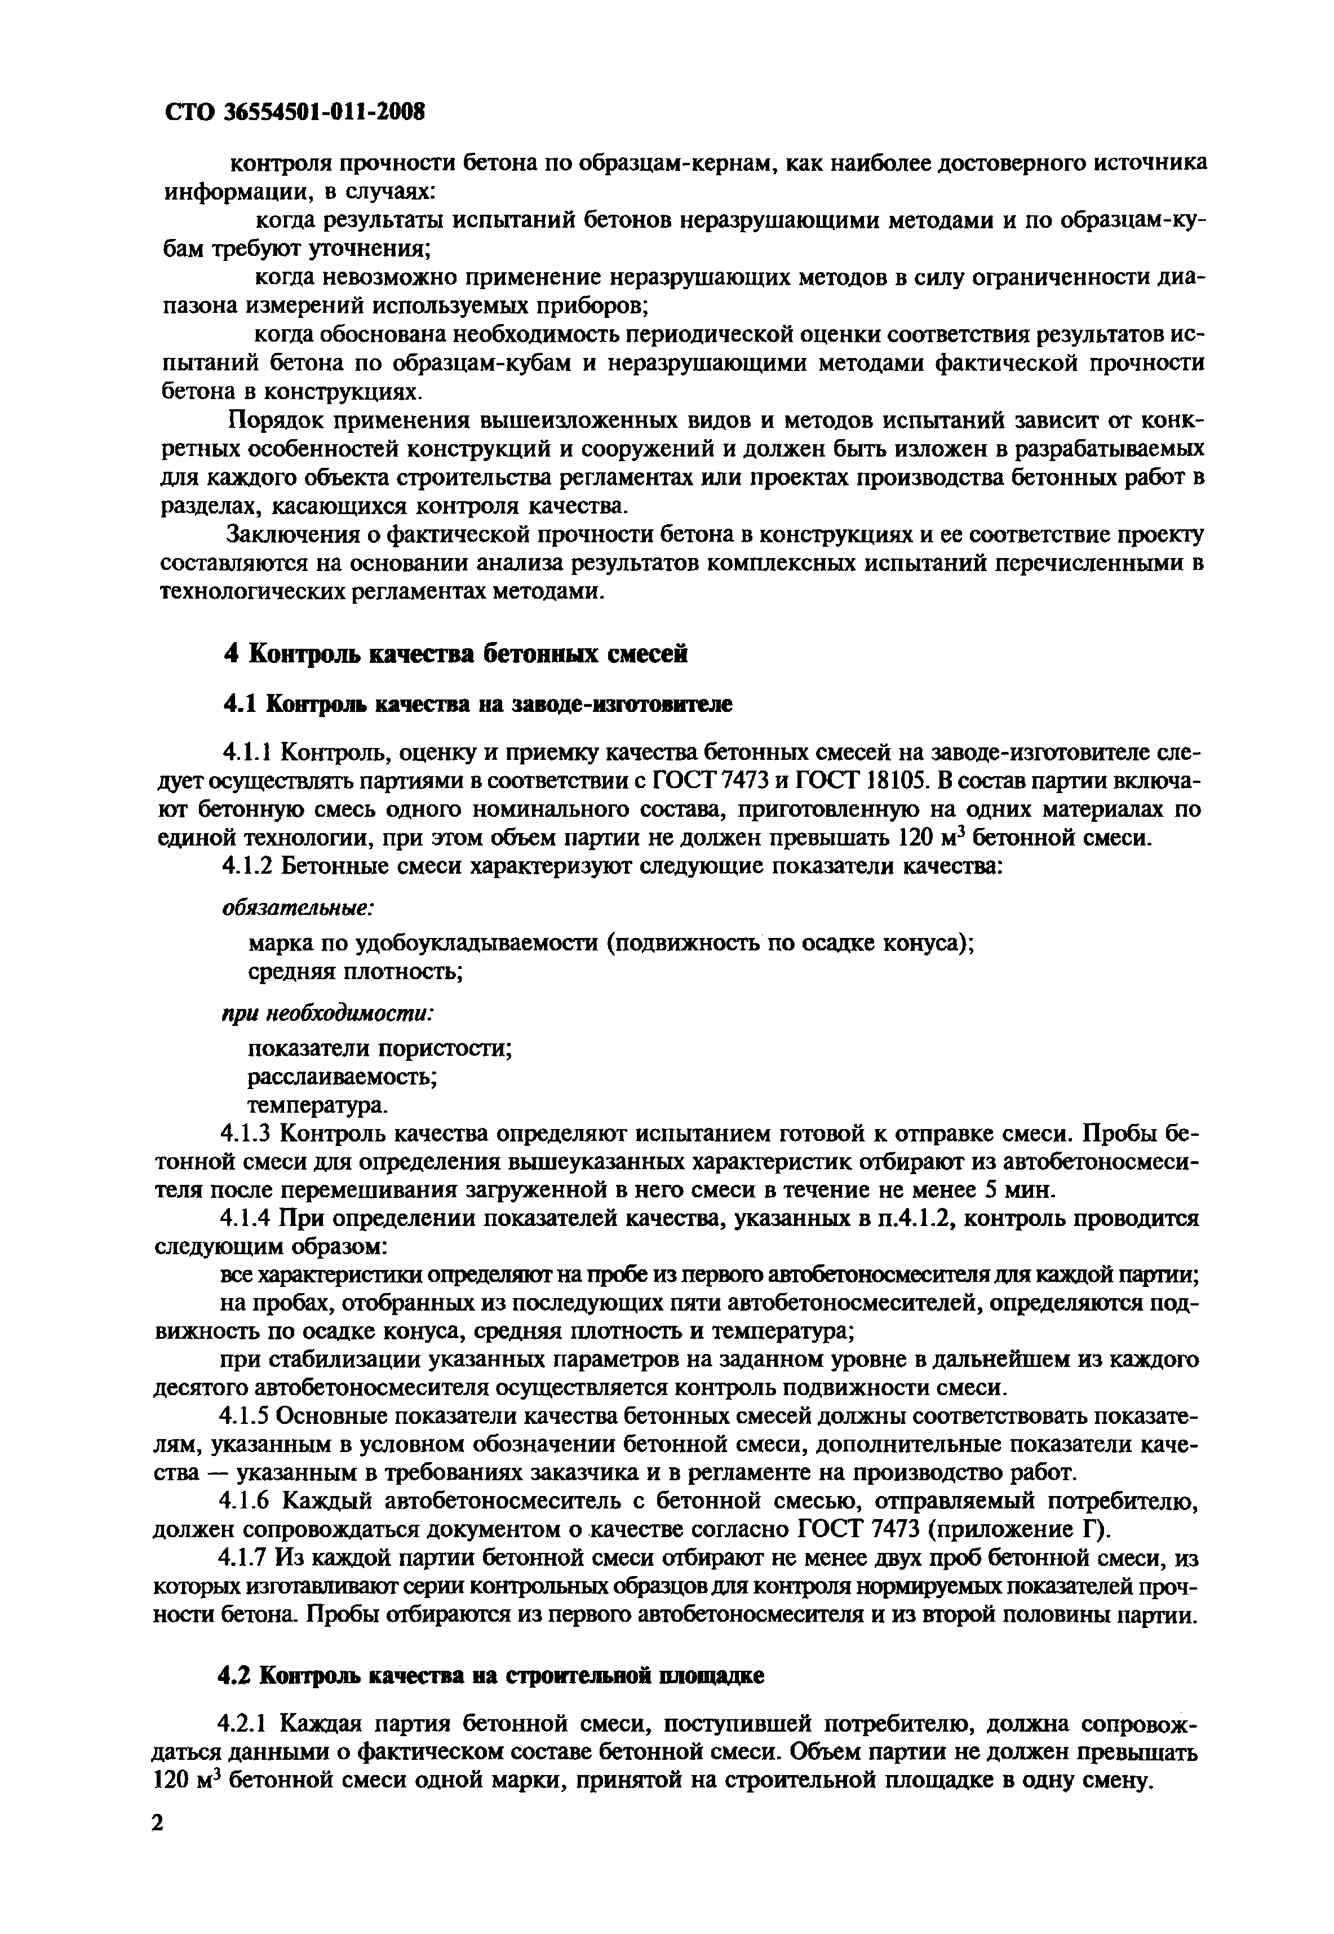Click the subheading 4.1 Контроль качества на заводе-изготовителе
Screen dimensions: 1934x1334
[x=477, y=705]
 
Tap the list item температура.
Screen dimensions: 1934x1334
[x=318, y=1105]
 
